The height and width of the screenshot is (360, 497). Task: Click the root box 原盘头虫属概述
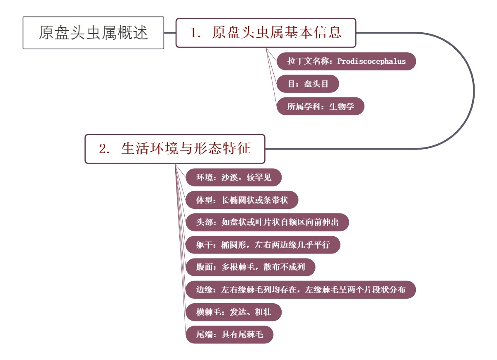(93, 33)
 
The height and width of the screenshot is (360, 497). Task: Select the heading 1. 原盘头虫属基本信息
(266, 33)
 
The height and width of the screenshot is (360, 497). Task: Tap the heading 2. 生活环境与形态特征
(175, 149)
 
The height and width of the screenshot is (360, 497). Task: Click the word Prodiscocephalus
(372, 61)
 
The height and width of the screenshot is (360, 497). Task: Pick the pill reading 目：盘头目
(308, 84)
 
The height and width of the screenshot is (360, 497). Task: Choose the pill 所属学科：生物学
(321, 106)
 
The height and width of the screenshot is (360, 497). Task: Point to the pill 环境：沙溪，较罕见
(234, 178)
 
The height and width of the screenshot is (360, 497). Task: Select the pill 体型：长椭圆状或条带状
(242, 200)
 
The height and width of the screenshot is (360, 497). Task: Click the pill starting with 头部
(267, 222)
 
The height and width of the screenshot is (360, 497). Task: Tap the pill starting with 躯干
(263, 245)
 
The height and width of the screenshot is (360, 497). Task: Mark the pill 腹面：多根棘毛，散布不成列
(251, 267)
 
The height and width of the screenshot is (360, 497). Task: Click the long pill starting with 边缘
(301, 290)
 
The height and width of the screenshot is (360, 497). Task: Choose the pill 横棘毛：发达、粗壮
(234, 312)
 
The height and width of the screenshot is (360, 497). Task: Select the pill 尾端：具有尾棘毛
(229, 334)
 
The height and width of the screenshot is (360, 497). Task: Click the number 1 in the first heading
(194, 33)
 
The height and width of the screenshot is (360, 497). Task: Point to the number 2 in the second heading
(103, 149)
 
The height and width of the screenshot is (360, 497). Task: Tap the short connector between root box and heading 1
(170, 33)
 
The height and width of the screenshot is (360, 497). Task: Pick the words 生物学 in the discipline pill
(342, 106)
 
